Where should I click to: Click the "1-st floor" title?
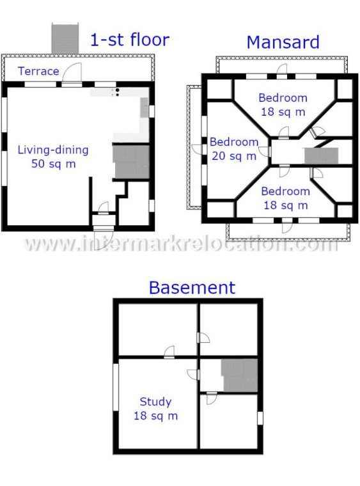[x=130, y=40]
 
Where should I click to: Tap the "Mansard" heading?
[x=283, y=42]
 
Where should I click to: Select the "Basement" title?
[x=192, y=288]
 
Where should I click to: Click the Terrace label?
[x=38, y=71]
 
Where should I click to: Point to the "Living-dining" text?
[x=53, y=150]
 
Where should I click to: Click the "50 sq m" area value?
[x=54, y=164]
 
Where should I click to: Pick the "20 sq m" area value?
[x=234, y=155]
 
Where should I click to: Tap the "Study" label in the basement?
[x=155, y=402]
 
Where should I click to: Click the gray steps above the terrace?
[x=65, y=38]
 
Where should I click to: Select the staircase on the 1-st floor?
[x=131, y=162]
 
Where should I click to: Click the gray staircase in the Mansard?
[x=321, y=155]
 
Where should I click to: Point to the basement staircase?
[x=240, y=375]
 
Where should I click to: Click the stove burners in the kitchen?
[x=117, y=92]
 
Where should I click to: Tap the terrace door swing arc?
[x=74, y=70]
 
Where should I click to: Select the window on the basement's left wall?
[x=116, y=387]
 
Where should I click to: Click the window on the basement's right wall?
[x=260, y=418]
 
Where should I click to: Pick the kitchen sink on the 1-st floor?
[x=145, y=107]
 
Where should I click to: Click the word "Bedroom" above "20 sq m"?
[x=234, y=142]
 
